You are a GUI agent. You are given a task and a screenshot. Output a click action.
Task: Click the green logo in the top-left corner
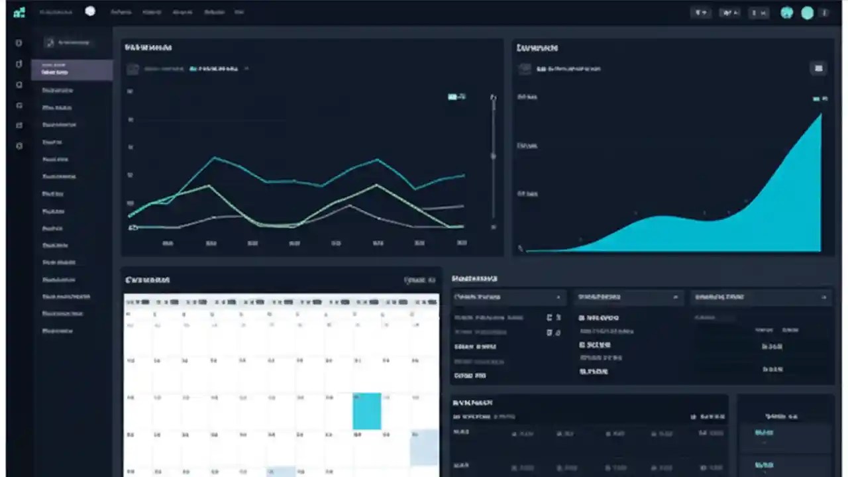pyautogui.click(x=19, y=13)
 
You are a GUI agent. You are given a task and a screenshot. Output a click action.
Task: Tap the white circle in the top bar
pyautogui.click(x=90, y=11)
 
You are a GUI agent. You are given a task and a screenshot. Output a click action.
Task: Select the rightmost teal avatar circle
pyautogui.click(x=807, y=13)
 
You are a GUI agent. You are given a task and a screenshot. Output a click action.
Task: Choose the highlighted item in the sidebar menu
pyautogui.click(x=72, y=70)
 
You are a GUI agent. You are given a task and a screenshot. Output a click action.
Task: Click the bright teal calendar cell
pyautogui.click(x=367, y=411)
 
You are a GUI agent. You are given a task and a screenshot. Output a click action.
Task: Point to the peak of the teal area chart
pyautogui.click(x=821, y=114)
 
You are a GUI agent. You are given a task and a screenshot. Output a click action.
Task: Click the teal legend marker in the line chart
pyautogui.click(x=452, y=97)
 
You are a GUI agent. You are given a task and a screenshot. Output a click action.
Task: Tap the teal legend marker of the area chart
pyautogui.click(x=817, y=99)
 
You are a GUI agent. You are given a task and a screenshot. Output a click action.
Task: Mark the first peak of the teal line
pyautogui.click(x=215, y=158)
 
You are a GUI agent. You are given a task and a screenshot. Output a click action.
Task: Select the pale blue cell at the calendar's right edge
pyautogui.click(x=424, y=447)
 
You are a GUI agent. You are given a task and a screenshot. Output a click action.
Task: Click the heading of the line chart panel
pyautogui.click(x=148, y=48)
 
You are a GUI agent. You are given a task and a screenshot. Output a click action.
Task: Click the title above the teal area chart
pyautogui.click(x=537, y=48)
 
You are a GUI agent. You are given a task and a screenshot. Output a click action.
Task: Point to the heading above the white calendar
pyautogui.click(x=148, y=280)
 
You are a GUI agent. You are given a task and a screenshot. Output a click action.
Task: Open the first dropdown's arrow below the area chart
pyautogui.click(x=558, y=297)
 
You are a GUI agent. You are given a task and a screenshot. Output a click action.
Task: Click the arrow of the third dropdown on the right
pyautogui.click(x=824, y=297)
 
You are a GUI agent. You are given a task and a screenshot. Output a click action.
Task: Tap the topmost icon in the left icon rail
pyautogui.click(x=19, y=43)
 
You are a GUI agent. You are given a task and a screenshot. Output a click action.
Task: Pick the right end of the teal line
pyautogui.click(x=464, y=176)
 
